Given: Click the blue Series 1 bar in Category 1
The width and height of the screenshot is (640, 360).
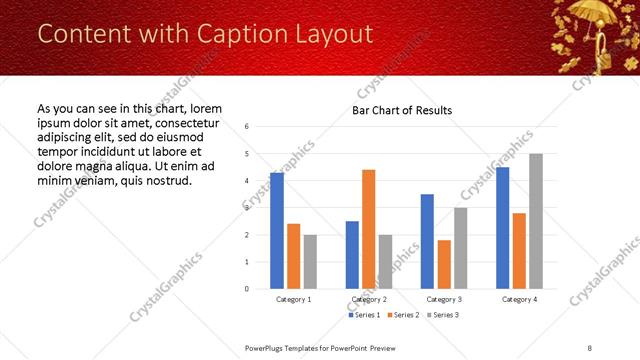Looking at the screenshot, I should coord(277,230).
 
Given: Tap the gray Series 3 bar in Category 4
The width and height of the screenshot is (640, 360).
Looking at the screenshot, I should coord(536,221).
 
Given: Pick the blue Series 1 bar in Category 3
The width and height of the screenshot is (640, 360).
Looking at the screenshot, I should coord(427,241).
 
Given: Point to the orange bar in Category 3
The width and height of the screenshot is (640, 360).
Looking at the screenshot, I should coord(444,264).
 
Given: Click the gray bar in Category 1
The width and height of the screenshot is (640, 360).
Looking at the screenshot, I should coord(310,261).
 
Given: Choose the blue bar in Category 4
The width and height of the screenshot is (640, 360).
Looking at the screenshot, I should coord(502,227).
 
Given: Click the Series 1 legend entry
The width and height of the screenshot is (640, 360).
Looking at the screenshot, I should coord(363,315).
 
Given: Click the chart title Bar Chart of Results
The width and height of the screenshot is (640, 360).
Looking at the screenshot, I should coord(402,110).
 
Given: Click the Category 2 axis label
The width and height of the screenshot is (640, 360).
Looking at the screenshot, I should coord(369,299).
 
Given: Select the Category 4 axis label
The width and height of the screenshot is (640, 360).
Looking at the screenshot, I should coord(519,299).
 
